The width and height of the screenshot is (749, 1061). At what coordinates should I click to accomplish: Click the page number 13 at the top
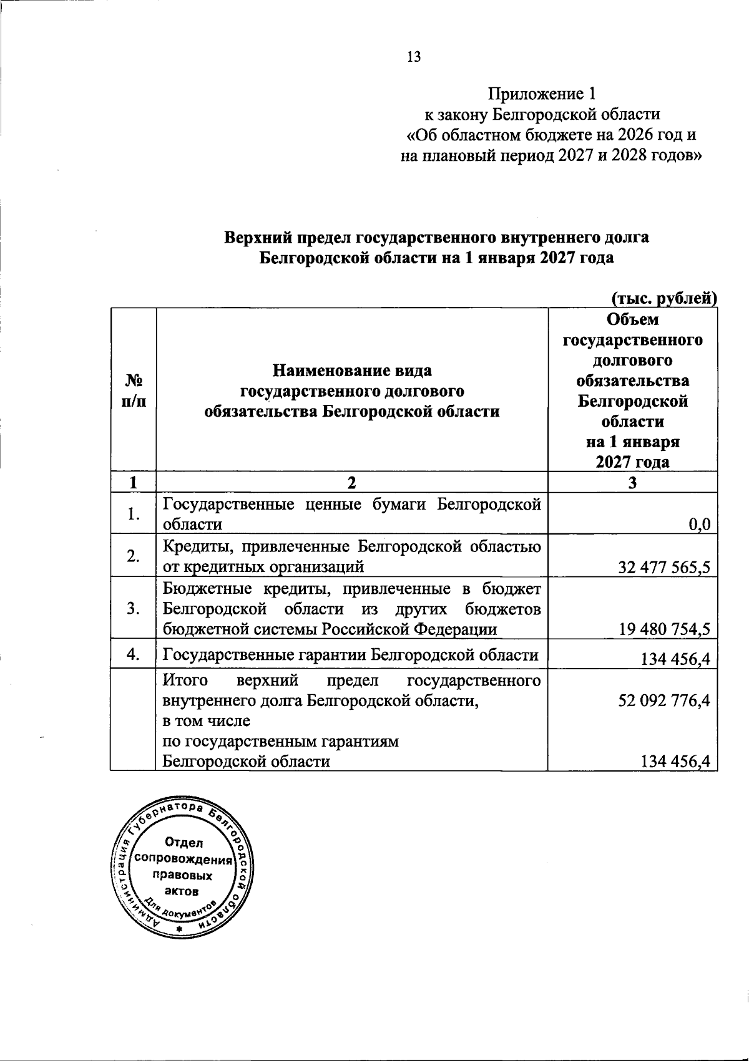coord(414,57)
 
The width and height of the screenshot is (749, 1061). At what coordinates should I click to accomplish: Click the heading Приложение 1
coord(542,94)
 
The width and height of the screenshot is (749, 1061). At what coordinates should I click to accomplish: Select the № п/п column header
coord(132,391)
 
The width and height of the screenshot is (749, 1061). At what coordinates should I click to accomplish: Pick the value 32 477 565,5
coord(665,567)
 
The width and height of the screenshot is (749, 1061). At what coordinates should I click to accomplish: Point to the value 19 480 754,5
coord(665,629)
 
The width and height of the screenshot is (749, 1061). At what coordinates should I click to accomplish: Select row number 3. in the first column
coord(132,609)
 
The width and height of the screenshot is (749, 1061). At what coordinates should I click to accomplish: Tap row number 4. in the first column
coord(132,654)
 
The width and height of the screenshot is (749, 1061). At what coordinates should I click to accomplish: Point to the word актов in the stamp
coord(182,891)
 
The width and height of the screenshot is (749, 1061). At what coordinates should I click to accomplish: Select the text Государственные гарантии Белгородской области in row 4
coord(350,655)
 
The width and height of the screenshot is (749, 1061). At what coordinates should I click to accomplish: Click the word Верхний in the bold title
coord(257,238)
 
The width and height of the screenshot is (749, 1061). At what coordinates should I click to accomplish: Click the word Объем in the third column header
coord(632,320)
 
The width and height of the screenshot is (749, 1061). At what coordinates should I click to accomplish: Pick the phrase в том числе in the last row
coord(206,721)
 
